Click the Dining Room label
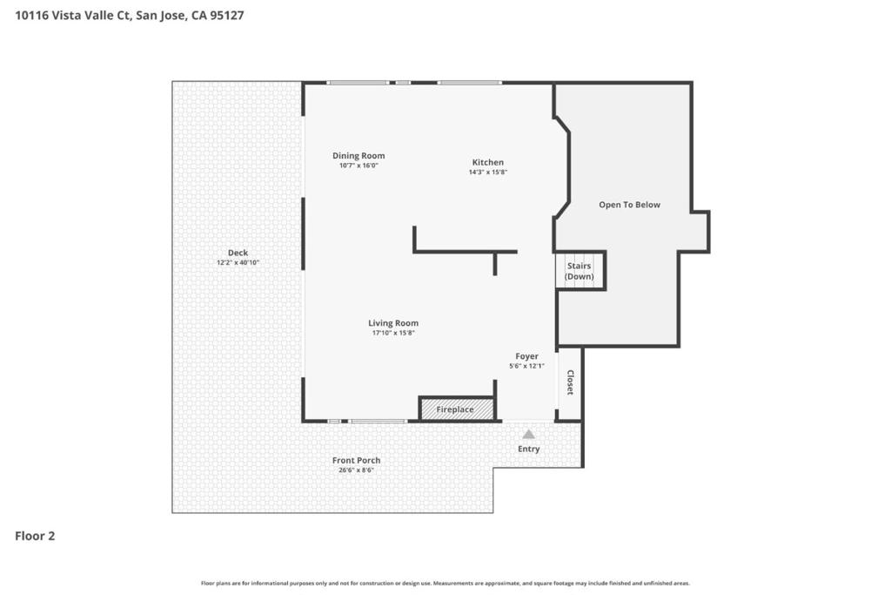(x=358, y=156)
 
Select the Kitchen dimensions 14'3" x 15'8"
(x=487, y=172)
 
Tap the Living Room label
(x=393, y=323)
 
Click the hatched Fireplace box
(x=456, y=409)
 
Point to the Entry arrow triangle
(x=528, y=434)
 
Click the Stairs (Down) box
(x=579, y=271)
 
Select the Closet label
(x=571, y=382)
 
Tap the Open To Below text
(x=629, y=205)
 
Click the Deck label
(x=238, y=253)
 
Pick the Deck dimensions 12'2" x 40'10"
(x=238, y=262)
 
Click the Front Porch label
(x=356, y=460)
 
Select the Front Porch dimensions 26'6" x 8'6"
(x=356, y=470)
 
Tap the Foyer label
(x=526, y=356)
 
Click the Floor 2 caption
(x=35, y=537)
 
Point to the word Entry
(x=528, y=450)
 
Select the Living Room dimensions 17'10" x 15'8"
(x=393, y=333)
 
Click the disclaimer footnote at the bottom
(x=445, y=583)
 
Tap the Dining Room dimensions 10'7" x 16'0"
(x=358, y=166)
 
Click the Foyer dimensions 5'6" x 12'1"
(x=526, y=366)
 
